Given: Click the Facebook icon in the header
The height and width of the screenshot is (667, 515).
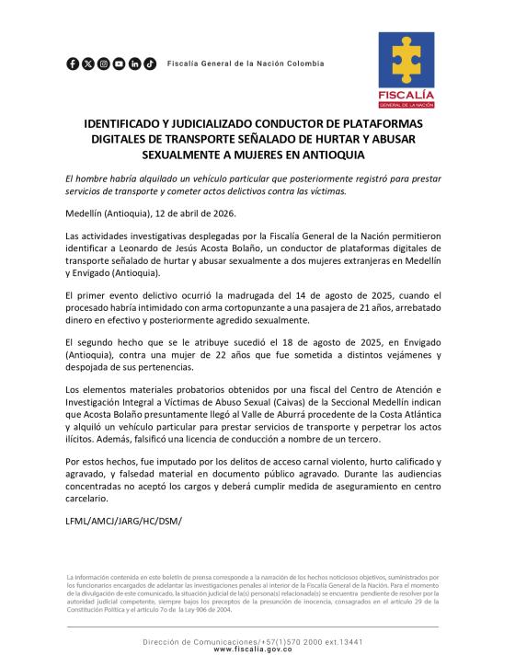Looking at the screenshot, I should [73, 63].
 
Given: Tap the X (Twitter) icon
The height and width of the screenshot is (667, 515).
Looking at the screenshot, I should [88, 63].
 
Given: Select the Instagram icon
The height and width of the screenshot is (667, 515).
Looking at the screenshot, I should [104, 63].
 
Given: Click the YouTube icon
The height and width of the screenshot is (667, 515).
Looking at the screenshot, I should [119, 63].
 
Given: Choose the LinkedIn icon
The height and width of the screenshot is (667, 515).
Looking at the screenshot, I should [134, 63].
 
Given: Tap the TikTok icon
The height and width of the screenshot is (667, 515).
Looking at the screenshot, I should [150, 63].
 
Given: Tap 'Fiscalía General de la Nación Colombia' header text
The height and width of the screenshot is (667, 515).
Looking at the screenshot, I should [246, 63].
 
